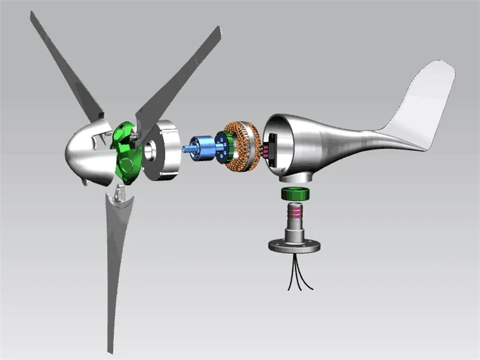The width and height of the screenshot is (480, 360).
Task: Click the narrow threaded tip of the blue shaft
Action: (x=186, y=148)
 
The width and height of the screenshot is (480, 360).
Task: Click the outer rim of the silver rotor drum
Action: (x=170, y=150)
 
